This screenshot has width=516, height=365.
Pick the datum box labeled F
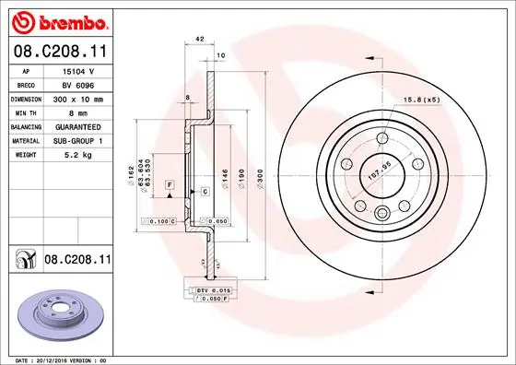[x=170, y=185]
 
